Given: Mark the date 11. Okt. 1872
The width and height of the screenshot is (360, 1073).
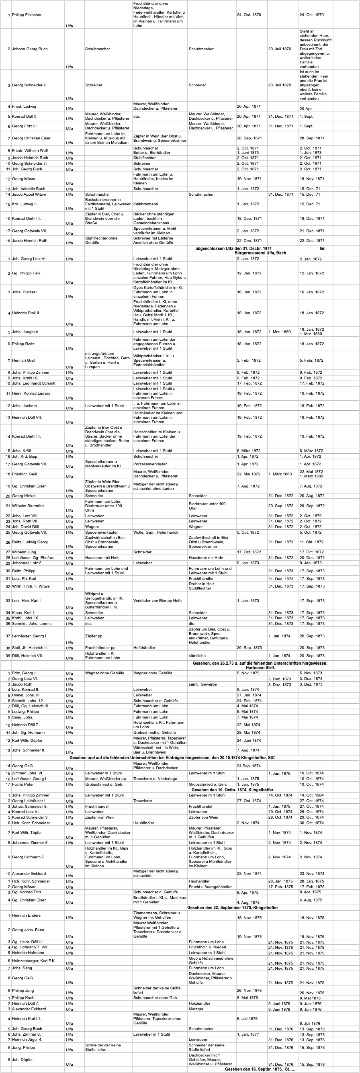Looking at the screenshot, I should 312,542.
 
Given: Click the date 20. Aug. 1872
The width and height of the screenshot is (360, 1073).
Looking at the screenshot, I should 312,496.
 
